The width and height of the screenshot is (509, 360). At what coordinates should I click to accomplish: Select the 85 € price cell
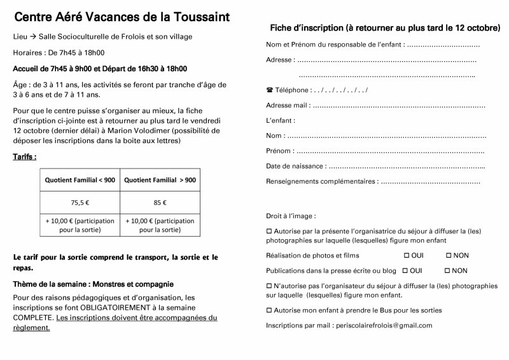point(160,203)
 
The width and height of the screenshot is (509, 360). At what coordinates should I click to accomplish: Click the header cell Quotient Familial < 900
point(80,181)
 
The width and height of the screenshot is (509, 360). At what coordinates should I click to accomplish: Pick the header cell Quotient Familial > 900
point(160,181)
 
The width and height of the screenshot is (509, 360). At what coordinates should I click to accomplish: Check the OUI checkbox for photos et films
point(405,255)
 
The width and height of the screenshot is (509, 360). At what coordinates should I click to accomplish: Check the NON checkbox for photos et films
point(449,255)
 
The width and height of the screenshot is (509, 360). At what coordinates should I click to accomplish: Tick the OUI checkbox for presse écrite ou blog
point(405,270)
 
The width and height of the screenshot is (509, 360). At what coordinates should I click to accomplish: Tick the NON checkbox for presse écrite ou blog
point(449,270)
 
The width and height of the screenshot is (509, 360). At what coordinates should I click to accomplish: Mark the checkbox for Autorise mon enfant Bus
point(268,310)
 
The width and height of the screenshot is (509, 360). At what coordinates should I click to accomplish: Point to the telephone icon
point(270,90)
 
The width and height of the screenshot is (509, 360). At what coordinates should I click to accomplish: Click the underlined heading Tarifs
point(24,156)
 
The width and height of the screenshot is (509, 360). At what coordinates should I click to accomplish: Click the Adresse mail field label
point(287,105)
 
